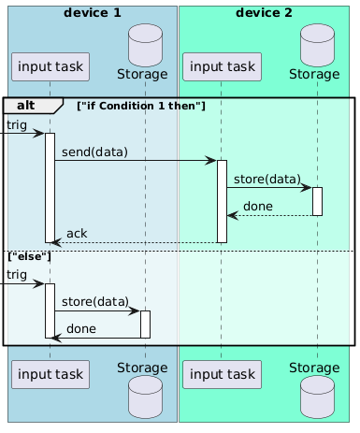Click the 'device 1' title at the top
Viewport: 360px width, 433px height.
[92, 12]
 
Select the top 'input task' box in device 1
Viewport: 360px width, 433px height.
[50, 65]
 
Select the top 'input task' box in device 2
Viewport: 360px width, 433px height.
[222, 65]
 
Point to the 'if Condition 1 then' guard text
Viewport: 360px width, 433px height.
[142, 105]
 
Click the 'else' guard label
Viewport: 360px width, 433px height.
[29, 255]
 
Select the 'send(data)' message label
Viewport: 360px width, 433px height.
[94, 152]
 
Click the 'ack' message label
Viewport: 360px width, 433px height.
[77, 233]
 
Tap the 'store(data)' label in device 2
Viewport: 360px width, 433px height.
[267, 179]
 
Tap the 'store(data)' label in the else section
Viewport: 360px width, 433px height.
[95, 301]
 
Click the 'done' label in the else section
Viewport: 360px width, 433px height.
[80, 328]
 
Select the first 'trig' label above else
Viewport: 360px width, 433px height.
[16, 124]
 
